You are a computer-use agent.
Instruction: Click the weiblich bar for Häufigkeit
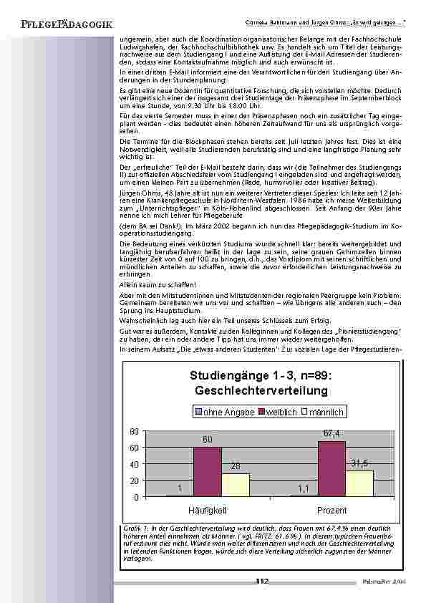pos(207,472)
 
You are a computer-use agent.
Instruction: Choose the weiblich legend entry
pos(286,413)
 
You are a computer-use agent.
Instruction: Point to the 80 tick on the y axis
pos(133,432)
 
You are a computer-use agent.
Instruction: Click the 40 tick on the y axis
pos(133,464)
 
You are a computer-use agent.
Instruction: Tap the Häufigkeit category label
pos(207,510)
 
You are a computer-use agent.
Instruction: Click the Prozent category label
pos(331,510)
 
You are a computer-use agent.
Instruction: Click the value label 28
pos(235,466)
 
